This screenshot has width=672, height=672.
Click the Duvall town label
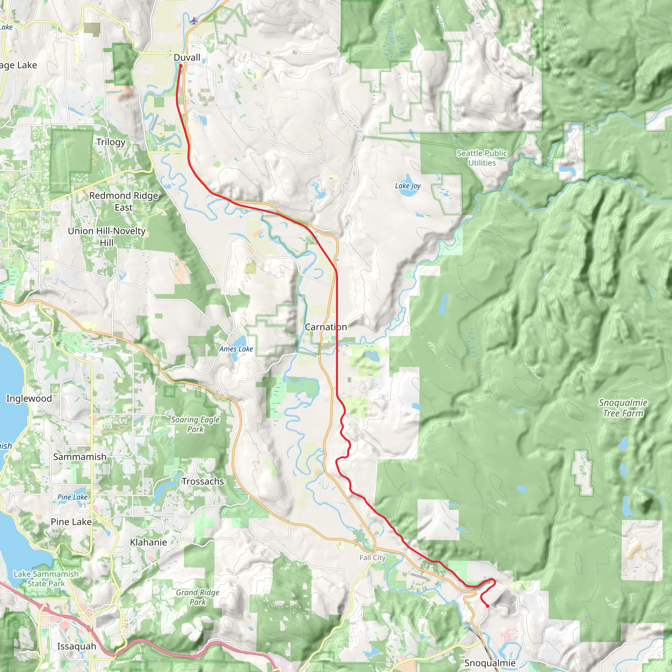coord(187,57)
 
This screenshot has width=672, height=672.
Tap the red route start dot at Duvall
coord(180,65)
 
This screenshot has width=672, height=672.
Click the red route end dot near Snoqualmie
coord(488,606)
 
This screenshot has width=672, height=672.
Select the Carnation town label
coord(325,327)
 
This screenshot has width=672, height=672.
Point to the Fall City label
coord(372,557)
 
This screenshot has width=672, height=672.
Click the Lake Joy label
coord(408,186)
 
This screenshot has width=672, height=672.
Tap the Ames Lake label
coord(236,349)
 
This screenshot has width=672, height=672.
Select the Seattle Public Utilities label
coord(482,158)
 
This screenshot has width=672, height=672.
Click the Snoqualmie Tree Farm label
coord(623,408)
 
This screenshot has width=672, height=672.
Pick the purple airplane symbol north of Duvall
coord(194,21)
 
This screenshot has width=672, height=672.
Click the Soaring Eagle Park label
coord(195,424)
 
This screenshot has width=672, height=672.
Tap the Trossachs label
coord(203,481)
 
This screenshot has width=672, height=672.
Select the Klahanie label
coord(148,542)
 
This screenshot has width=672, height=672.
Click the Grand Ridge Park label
coord(198,597)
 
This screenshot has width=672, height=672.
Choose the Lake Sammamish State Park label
coord(46,578)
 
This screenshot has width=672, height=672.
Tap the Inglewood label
coord(29,398)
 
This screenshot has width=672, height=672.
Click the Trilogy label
coord(111,142)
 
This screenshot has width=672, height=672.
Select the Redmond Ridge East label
coord(123,201)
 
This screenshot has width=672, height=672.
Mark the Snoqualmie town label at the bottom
coord(490,662)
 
